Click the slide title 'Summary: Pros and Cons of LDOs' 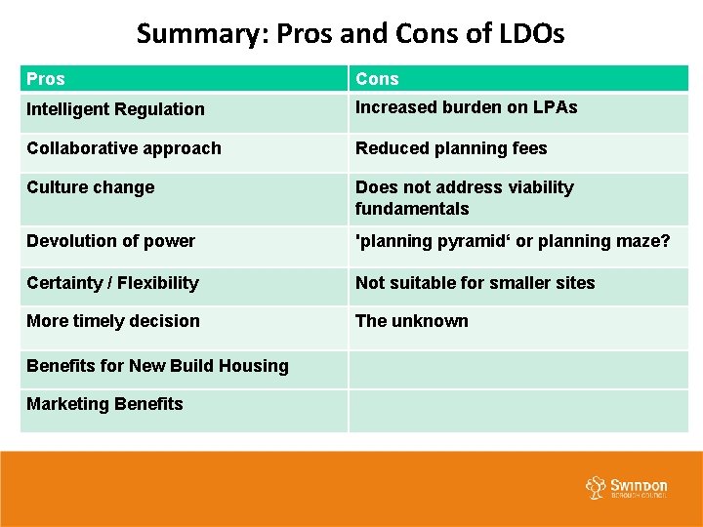351,34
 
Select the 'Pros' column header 46,79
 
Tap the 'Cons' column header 377,79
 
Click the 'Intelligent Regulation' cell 115,109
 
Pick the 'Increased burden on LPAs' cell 466,107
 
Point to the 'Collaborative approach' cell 124,148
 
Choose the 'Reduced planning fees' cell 451,148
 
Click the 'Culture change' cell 91,187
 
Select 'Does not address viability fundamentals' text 464,198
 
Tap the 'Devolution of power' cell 110,241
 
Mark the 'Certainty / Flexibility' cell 112,283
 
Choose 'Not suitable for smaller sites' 475,283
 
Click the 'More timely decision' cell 113,321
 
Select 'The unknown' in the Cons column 411,321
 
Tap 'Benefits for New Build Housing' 157,366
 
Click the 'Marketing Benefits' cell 104,404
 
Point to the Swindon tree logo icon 596,488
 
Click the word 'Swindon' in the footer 640,485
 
